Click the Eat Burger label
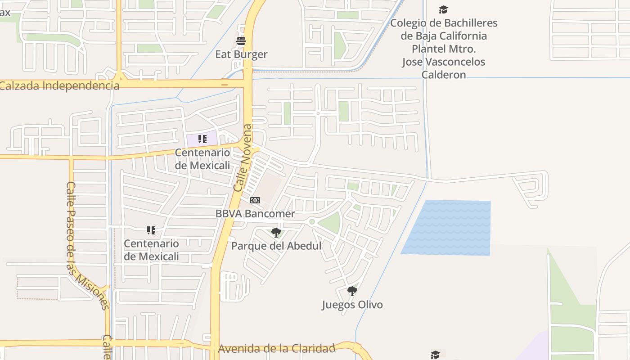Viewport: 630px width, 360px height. (241, 54)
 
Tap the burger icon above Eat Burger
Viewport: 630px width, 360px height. (241, 41)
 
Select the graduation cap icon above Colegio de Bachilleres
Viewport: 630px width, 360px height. (444, 9)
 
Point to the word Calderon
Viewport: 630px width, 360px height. (444, 75)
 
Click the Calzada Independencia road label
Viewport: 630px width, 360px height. (60, 85)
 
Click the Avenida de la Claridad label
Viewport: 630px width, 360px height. (277, 349)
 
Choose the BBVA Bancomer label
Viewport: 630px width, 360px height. (255, 214)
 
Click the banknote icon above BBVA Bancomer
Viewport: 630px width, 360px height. (255, 200)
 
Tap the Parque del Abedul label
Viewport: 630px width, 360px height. (276, 246)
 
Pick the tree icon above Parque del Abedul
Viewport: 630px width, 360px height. (276, 233)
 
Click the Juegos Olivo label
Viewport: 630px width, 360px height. (352, 305)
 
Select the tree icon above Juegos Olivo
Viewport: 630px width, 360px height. (352, 291)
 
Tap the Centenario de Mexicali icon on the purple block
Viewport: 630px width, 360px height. (202, 139)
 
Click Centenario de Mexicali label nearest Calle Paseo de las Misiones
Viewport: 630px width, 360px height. (151, 250)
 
